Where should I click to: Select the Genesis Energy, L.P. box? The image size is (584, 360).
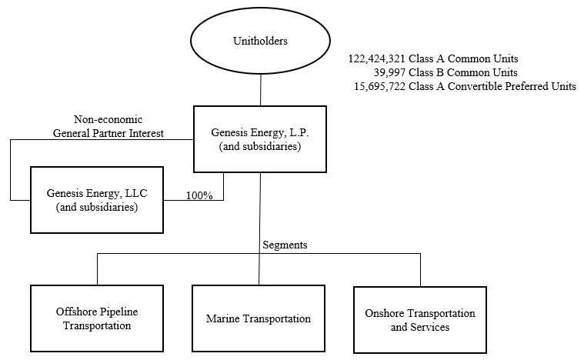(260, 138)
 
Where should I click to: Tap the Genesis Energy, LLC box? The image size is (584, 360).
(96, 199)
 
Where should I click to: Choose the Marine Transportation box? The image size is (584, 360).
(259, 319)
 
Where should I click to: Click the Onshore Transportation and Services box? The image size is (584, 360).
(420, 319)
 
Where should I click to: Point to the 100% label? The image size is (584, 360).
(199, 195)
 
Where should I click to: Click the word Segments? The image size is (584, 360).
(285, 245)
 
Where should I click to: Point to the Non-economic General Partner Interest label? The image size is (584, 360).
(108, 126)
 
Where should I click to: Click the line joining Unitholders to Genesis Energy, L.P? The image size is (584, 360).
(260, 92)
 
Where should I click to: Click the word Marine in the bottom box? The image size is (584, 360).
(224, 319)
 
